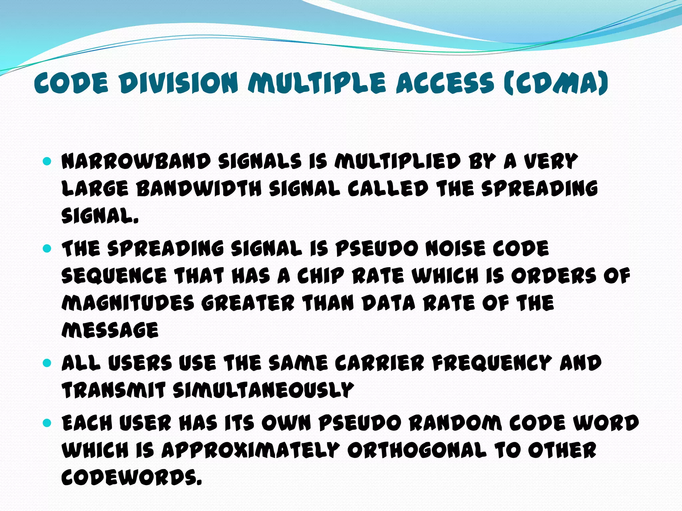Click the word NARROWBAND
pos(136,162)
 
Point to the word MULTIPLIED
pos(398,162)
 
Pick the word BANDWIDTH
pos(199,189)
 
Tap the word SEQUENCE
pos(114,276)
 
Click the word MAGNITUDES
pos(128,303)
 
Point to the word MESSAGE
pos(110,330)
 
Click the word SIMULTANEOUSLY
pos(263,390)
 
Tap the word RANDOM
pos(456,423)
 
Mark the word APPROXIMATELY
pos(251,450)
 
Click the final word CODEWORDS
pos(132,478)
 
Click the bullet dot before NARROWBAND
pos(47,162)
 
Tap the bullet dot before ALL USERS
pos(47,363)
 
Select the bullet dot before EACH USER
pos(47,423)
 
